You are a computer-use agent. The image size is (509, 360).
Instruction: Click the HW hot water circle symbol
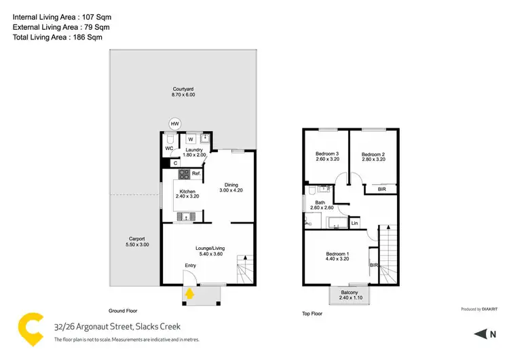tap(175, 124)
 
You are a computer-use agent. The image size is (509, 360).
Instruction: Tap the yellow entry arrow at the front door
tap(190, 293)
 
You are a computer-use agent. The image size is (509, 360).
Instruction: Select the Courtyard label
tap(183, 91)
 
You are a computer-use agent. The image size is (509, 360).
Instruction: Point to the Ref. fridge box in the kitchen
tap(195, 175)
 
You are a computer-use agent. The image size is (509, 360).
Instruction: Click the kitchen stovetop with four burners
tap(183, 175)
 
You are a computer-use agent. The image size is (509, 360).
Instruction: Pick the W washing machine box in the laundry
tap(191, 139)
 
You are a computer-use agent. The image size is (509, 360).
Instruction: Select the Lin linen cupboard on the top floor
tap(354, 223)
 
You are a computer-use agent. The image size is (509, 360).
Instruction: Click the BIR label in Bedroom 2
tap(381, 190)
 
